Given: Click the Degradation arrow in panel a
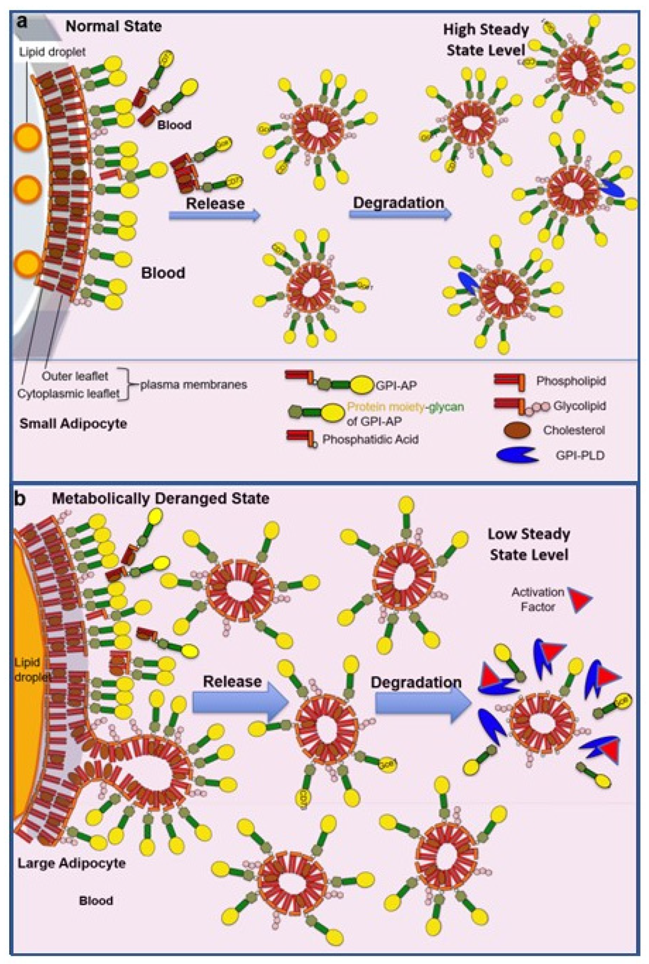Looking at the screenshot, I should point(399,214).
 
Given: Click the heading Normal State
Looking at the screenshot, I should point(113,26).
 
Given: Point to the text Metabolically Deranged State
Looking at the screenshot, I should point(161,498).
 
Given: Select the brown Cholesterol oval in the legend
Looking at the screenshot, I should point(517,430).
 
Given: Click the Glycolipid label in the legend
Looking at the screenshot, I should point(579,406).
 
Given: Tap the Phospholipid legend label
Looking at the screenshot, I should point(571,381).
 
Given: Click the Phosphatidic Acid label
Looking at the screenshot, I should point(370,439).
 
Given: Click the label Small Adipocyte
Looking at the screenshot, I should point(73,424).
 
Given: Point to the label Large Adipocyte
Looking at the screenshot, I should point(71,863).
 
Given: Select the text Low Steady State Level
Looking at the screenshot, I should point(529,544).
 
